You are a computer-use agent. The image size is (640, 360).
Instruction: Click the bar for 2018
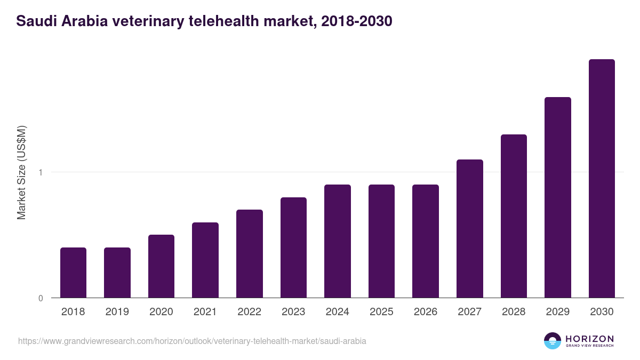pyautogui.click(x=73, y=273)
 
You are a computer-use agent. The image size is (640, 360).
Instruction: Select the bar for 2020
pyautogui.click(x=161, y=266)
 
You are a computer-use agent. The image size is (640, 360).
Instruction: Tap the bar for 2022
pyautogui.click(x=249, y=254)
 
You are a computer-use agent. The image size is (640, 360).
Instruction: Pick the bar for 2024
pyautogui.click(x=337, y=241)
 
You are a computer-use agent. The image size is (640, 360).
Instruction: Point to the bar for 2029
pyautogui.click(x=557, y=197)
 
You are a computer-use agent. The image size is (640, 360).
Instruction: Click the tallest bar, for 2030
pyautogui.click(x=602, y=178)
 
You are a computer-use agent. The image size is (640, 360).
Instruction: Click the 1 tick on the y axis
pyautogui.click(x=40, y=172)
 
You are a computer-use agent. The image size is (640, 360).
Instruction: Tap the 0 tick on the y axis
pyautogui.click(x=40, y=298)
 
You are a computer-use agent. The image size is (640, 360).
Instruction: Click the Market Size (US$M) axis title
pyautogui.click(x=21, y=172)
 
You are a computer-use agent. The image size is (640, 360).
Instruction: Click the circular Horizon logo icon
pyautogui.click(x=553, y=341)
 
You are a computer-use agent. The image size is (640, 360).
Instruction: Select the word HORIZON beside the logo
pyautogui.click(x=590, y=339)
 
